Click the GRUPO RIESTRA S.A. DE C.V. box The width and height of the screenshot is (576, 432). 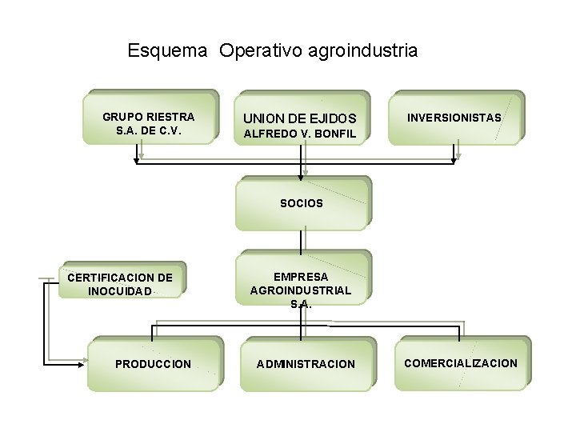(x=149, y=117)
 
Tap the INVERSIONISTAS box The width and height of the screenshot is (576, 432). (x=454, y=117)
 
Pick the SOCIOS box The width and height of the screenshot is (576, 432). (x=302, y=203)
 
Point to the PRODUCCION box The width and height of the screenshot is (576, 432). (x=153, y=364)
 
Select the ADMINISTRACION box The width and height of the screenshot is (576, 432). (x=306, y=364)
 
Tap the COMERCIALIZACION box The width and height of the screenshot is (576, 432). (x=461, y=363)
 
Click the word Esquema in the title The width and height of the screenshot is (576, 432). (x=168, y=51)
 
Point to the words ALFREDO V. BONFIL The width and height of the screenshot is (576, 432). (x=299, y=134)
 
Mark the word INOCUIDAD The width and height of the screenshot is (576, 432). (x=119, y=290)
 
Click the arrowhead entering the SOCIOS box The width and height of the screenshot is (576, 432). (x=302, y=174)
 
